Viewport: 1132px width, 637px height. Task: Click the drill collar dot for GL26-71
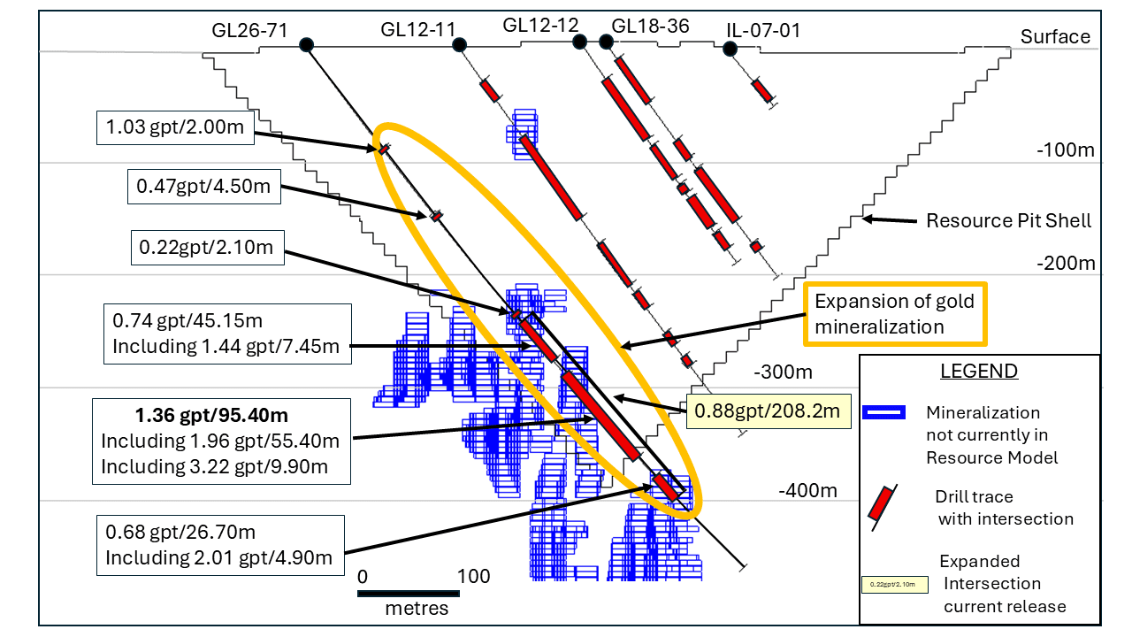307,45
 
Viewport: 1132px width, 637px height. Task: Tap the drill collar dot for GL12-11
459,44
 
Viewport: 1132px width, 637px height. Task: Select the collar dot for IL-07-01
730,48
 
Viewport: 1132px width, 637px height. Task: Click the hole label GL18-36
650,27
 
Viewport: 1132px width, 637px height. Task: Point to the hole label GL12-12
540,25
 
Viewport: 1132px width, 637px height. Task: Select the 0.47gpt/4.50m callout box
204,187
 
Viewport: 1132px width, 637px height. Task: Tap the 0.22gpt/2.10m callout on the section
207,247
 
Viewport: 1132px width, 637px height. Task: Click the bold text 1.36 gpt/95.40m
211,415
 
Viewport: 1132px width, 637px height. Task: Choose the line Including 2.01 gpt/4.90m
218,557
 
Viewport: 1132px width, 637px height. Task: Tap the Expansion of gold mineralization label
894,314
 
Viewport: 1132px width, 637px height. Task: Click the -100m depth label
1066,150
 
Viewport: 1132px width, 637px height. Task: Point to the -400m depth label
807,490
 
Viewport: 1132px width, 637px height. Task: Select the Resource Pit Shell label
1008,220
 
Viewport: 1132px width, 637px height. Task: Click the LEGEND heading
979,371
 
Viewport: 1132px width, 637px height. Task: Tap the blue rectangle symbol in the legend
885,411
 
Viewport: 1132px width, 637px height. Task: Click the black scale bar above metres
409,593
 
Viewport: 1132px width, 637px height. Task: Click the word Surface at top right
1055,37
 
